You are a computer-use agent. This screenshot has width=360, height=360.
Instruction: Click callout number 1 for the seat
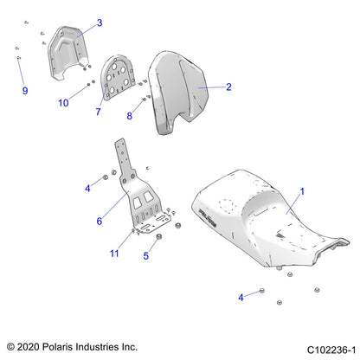click(302, 191)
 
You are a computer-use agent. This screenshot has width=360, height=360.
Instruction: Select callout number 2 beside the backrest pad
click(228, 87)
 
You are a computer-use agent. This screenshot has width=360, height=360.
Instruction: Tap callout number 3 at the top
click(100, 22)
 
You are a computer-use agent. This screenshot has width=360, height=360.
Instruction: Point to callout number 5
click(146, 255)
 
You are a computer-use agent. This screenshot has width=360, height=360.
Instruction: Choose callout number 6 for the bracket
click(100, 222)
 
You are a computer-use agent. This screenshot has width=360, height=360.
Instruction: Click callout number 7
click(98, 112)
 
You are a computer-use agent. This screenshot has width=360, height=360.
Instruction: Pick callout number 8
click(130, 116)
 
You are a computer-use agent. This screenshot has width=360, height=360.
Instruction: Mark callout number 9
click(25, 91)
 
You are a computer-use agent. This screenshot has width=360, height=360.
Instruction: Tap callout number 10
click(63, 103)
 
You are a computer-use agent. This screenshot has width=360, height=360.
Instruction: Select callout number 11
click(114, 254)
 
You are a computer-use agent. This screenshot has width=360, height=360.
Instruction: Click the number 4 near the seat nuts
click(241, 298)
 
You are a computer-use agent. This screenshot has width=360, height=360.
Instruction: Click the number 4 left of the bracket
click(87, 189)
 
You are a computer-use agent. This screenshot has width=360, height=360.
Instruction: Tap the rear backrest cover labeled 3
click(67, 52)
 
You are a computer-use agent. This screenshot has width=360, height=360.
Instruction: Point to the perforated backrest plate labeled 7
click(118, 78)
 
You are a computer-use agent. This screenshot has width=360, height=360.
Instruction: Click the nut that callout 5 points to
click(158, 237)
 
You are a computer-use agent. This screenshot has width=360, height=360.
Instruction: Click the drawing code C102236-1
click(331, 350)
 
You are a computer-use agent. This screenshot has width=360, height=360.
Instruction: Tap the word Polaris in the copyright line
click(56, 347)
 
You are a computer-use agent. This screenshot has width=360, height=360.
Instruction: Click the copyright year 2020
click(28, 347)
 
